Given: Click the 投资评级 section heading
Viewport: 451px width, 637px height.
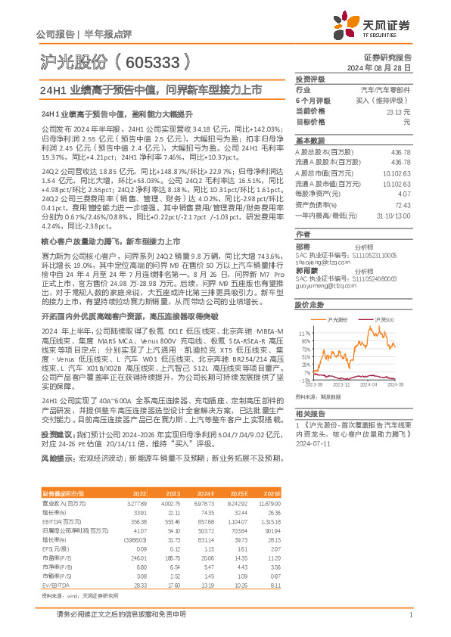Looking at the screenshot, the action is (309, 79).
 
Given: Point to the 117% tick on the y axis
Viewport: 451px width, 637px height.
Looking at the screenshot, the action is (306, 332).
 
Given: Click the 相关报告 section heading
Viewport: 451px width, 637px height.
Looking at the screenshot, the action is (309, 414).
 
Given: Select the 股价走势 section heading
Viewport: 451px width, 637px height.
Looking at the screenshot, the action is (309, 305).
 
